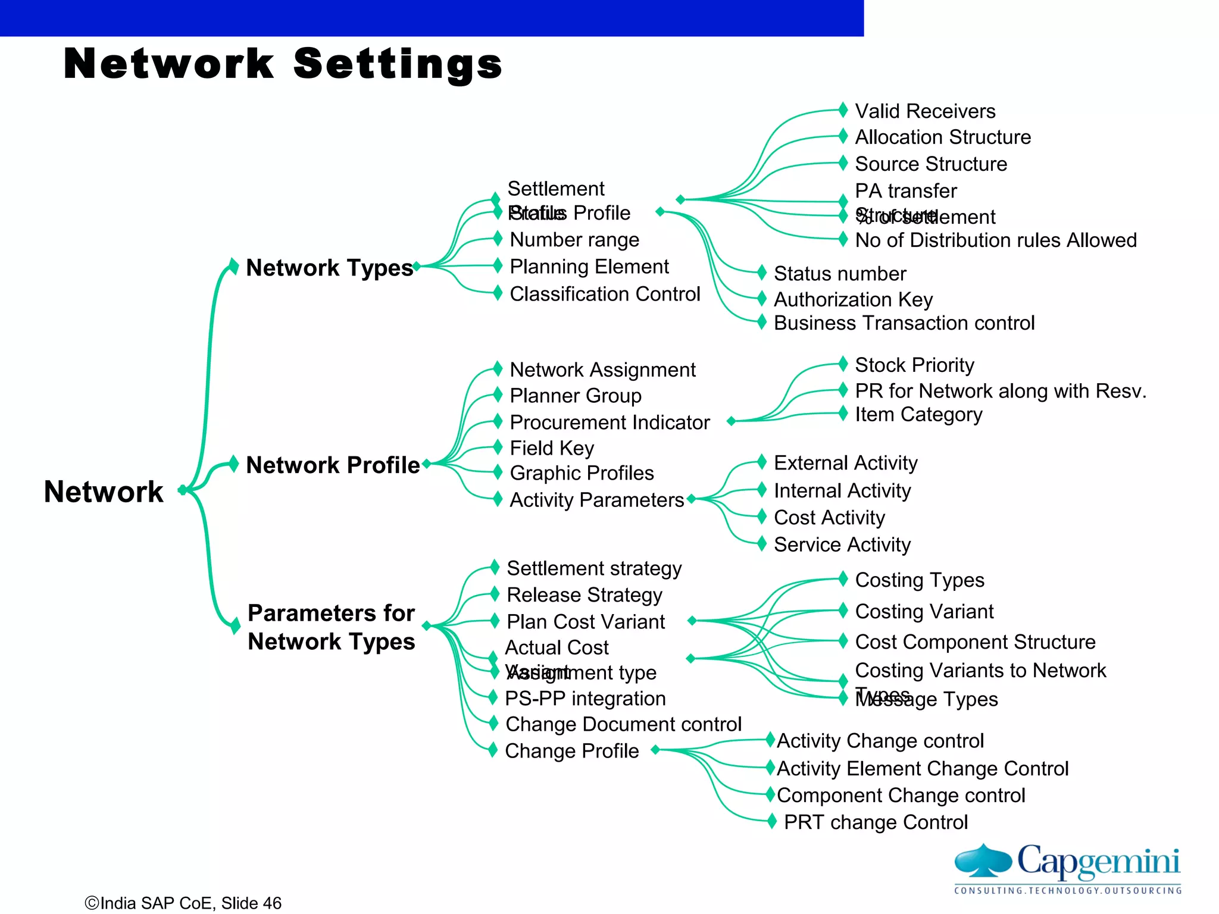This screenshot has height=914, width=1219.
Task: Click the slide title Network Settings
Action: (283, 64)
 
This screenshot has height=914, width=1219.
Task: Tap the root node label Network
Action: (104, 492)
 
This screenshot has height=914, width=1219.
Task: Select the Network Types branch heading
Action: (329, 268)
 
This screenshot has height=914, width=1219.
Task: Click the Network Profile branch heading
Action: (333, 465)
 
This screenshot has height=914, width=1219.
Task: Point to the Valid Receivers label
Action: (925, 111)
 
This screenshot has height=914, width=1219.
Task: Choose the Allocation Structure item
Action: (943, 137)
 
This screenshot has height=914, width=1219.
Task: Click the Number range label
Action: (574, 240)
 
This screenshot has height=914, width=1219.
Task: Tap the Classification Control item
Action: (605, 294)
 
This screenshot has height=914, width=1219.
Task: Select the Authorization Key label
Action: (853, 299)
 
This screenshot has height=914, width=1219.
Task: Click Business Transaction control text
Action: (904, 323)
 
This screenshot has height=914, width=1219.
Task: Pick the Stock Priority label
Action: (914, 365)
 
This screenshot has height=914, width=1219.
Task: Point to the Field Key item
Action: (552, 448)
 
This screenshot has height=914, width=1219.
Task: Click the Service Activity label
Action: (842, 544)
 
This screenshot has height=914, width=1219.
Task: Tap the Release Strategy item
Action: (585, 595)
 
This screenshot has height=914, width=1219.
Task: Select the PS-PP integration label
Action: (585, 699)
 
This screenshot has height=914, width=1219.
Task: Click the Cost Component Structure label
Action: (975, 642)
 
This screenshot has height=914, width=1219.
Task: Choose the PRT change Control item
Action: (876, 822)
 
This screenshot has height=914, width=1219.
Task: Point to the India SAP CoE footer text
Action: (183, 903)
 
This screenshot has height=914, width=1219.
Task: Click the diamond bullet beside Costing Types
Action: (843, 578)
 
